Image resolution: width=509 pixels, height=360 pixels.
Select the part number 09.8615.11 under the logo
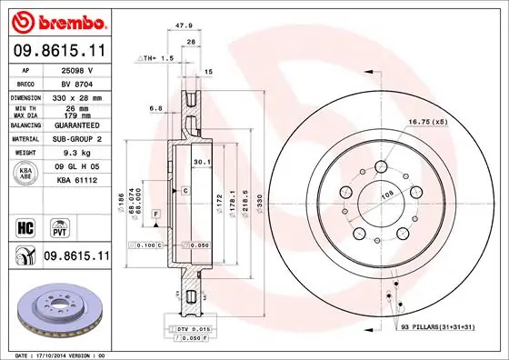coord(60,50)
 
